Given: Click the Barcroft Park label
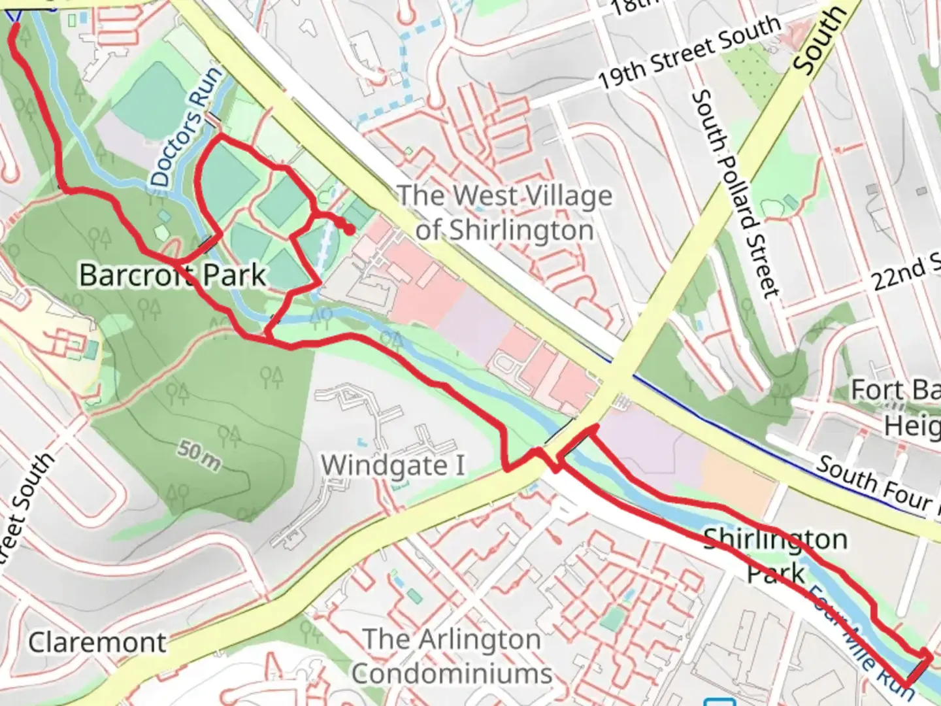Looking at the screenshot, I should (x=173, y=275).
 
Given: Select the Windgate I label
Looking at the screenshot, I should (x=393, y=465).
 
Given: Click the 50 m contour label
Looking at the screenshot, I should (x=199, y=456).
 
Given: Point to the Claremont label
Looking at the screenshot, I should (x=97, y=642).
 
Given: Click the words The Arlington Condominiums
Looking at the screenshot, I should (x=452, y=656).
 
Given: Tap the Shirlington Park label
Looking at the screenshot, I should (x=776, y=556).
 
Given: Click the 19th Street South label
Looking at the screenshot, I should (x=689, y=52).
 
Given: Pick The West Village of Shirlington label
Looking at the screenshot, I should (x=504, y=212).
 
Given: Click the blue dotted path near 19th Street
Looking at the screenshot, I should (x=405, y=72).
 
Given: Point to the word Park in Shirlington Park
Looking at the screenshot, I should (x=776, y=574).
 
